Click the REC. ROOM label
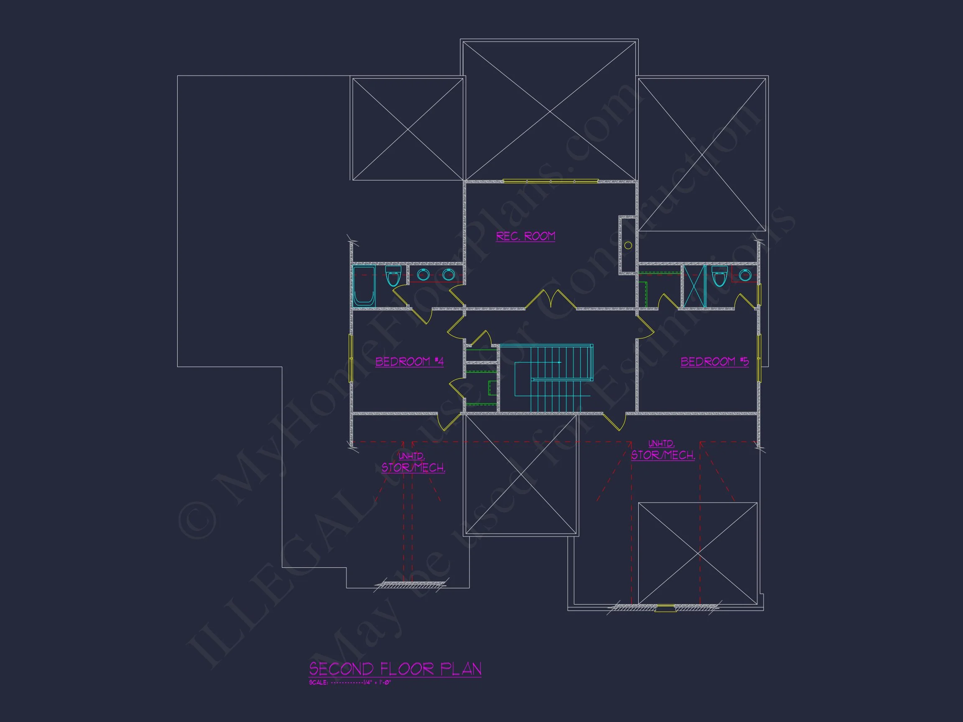pyautogui.click(x=525, y=236)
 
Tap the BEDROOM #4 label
pyautogui.click(x=409, y=362)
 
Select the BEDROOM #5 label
pyautogui.click(x=714, y=362)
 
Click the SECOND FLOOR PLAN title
pyautogui.click(x=395, y=669)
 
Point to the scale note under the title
pyautogui.click(x=350, y=682)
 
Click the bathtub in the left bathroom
pyautogui.click(x=364, y=286)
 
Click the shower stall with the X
pyautogui.click(x=694, y=286)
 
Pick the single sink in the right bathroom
pyautogui.click(x=744, y=275)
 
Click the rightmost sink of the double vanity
pyautogui.click(x=448, y=275)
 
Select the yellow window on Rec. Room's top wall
pyautogui.click(x=551, y=181)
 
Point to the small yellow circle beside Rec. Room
pyautogui.click(x=628, y=245)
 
